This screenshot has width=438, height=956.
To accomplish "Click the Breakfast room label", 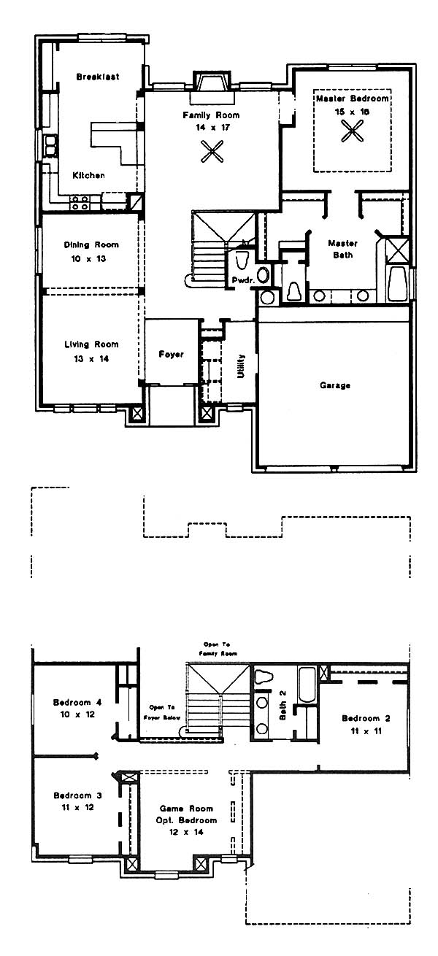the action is click(x=98, y=77).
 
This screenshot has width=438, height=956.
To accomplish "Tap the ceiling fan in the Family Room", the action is click(x=212, y=152).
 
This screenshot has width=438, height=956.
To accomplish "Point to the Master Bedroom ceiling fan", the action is click(x=353, y=131).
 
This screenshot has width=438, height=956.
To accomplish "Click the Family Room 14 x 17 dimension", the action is click(x=212, y=127).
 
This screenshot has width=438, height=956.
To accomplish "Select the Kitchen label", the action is click(x=88, y=175).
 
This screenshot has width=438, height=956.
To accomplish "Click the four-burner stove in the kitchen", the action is click(x=80, y=203).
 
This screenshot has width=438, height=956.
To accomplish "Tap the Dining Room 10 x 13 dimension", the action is click(x=88, y=258).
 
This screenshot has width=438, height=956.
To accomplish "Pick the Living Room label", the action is click(x=91, y=344).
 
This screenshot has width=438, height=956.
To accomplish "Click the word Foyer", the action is click(x=172, y=354).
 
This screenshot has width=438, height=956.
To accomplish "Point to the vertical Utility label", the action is click(x=241, y=366).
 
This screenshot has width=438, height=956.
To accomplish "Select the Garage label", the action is click(x=335, y=385).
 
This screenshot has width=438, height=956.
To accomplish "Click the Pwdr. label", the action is click(x=243, y=280).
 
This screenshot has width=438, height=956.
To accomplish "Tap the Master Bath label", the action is click(x=343, y=249).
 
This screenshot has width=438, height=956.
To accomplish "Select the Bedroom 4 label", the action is click(x=77, y=702).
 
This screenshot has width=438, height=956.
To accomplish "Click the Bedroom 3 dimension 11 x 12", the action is click(x=77, y=807).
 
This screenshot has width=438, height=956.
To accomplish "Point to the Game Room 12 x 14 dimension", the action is click(x=186, y=832).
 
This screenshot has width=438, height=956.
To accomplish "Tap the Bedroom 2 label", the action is click(x=366, y=718).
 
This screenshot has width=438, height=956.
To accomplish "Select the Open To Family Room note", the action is click(x=218, y=649).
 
